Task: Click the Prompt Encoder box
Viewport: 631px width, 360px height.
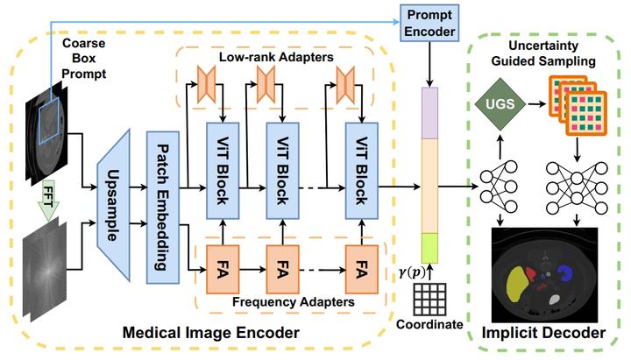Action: pyautogui.click(x=429, y=23)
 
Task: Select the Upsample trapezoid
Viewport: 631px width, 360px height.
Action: pyautogui.click(x=113, y=205)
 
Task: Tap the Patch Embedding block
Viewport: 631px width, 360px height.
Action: pyautogui.click(x=163, y=208)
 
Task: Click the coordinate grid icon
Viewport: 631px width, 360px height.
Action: pyautogui.click(x=429, y=300)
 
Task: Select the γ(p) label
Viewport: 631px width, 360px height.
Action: pyautogui.click(x=412, y=273)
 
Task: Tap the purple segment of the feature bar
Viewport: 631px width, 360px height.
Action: pyautogui.click(x=429, y=113)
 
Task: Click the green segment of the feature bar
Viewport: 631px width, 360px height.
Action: pyautogui.click(x=429, y=248)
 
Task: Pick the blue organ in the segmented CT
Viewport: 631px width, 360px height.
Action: pyautogui.click(x=565, y=272)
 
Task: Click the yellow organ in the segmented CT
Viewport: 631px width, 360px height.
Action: pyautogui.click(x=516, y=285)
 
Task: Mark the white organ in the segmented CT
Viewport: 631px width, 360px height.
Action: pyautogui.click(x=555, y=300)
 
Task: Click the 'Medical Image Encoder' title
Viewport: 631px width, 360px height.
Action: pyautogui.click(x=211, y=333)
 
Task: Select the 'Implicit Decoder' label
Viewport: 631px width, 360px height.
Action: pyautogui.click(x=543, y=333)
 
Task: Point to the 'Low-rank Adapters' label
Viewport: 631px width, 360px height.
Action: pyautogui.click(x=276, y=57)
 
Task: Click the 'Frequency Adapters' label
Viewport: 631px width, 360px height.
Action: pyautogui.click(x=294, y=301)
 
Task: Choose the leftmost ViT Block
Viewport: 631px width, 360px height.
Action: pyautogui.click(x=223, y=171)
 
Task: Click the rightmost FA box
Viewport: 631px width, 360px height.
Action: pyautogui.click(x=361, y=270)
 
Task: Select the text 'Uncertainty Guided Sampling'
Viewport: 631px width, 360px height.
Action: pyautogui.click(x=543, y=53)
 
